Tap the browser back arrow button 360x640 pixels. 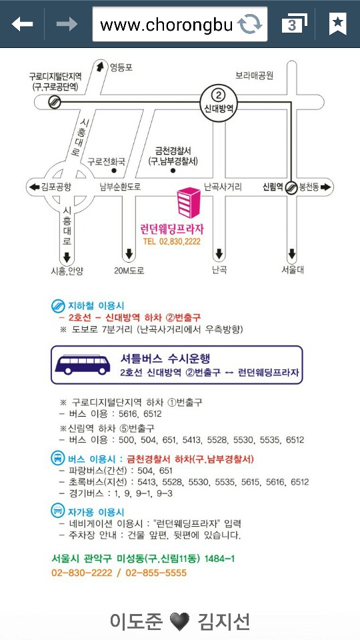point(22,24)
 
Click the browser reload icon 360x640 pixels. point(250,24)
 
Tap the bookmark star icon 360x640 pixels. point(337,24)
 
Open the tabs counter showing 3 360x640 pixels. point(294,24)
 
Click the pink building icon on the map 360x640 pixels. point(189,203)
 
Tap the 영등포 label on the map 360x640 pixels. point(121,67)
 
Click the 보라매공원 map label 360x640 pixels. point(254,75)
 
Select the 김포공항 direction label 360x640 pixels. point(56,187)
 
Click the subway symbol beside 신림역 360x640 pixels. point(291,187)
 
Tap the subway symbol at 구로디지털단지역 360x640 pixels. point(54,102)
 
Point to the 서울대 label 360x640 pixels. point(292,270)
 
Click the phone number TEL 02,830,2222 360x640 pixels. point(171,241)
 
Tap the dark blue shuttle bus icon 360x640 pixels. point(83,365)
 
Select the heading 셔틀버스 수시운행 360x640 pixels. point(165,359)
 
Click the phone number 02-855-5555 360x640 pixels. point(156,573)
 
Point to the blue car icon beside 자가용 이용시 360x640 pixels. point(58,510)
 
